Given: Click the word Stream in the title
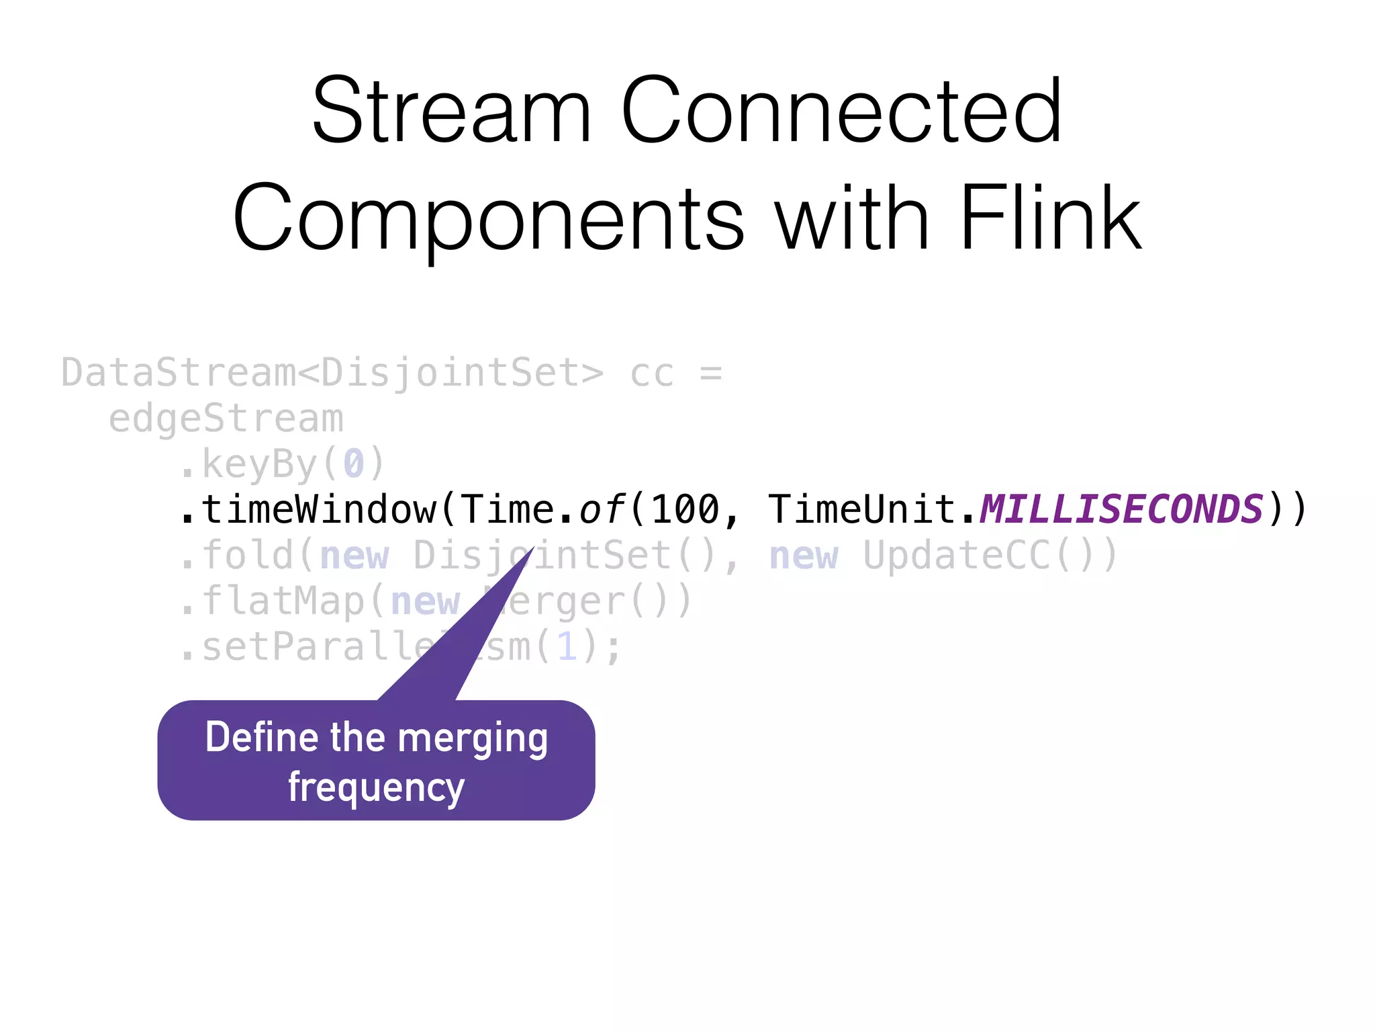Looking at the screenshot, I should (x=451, y=111).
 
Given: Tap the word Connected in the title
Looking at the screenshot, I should (x=841, y=111).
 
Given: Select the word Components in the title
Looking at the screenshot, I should (x=489, y=218).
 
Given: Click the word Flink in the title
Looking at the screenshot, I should (x=1051, y=218).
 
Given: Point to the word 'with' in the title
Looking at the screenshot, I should (x=853, y=218).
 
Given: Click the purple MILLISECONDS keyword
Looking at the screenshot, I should (x=1121, y=509).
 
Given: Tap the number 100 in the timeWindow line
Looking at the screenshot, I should (x=685, y=509).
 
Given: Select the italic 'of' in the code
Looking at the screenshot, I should (x=602, y=509).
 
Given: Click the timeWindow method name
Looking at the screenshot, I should (x=319, y=509).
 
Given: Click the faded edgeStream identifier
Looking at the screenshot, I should (x=226, y=419).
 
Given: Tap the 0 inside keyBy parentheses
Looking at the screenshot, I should (x=354, y=464).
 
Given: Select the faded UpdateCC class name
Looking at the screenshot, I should (x=957, y=556).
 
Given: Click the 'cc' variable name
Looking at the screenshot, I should (x=651, y=374).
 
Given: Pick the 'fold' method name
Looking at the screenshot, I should (x=248, y=556).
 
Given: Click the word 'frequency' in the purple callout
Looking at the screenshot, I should (x=376, y=787).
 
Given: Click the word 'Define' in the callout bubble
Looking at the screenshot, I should (x=262, y=737).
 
